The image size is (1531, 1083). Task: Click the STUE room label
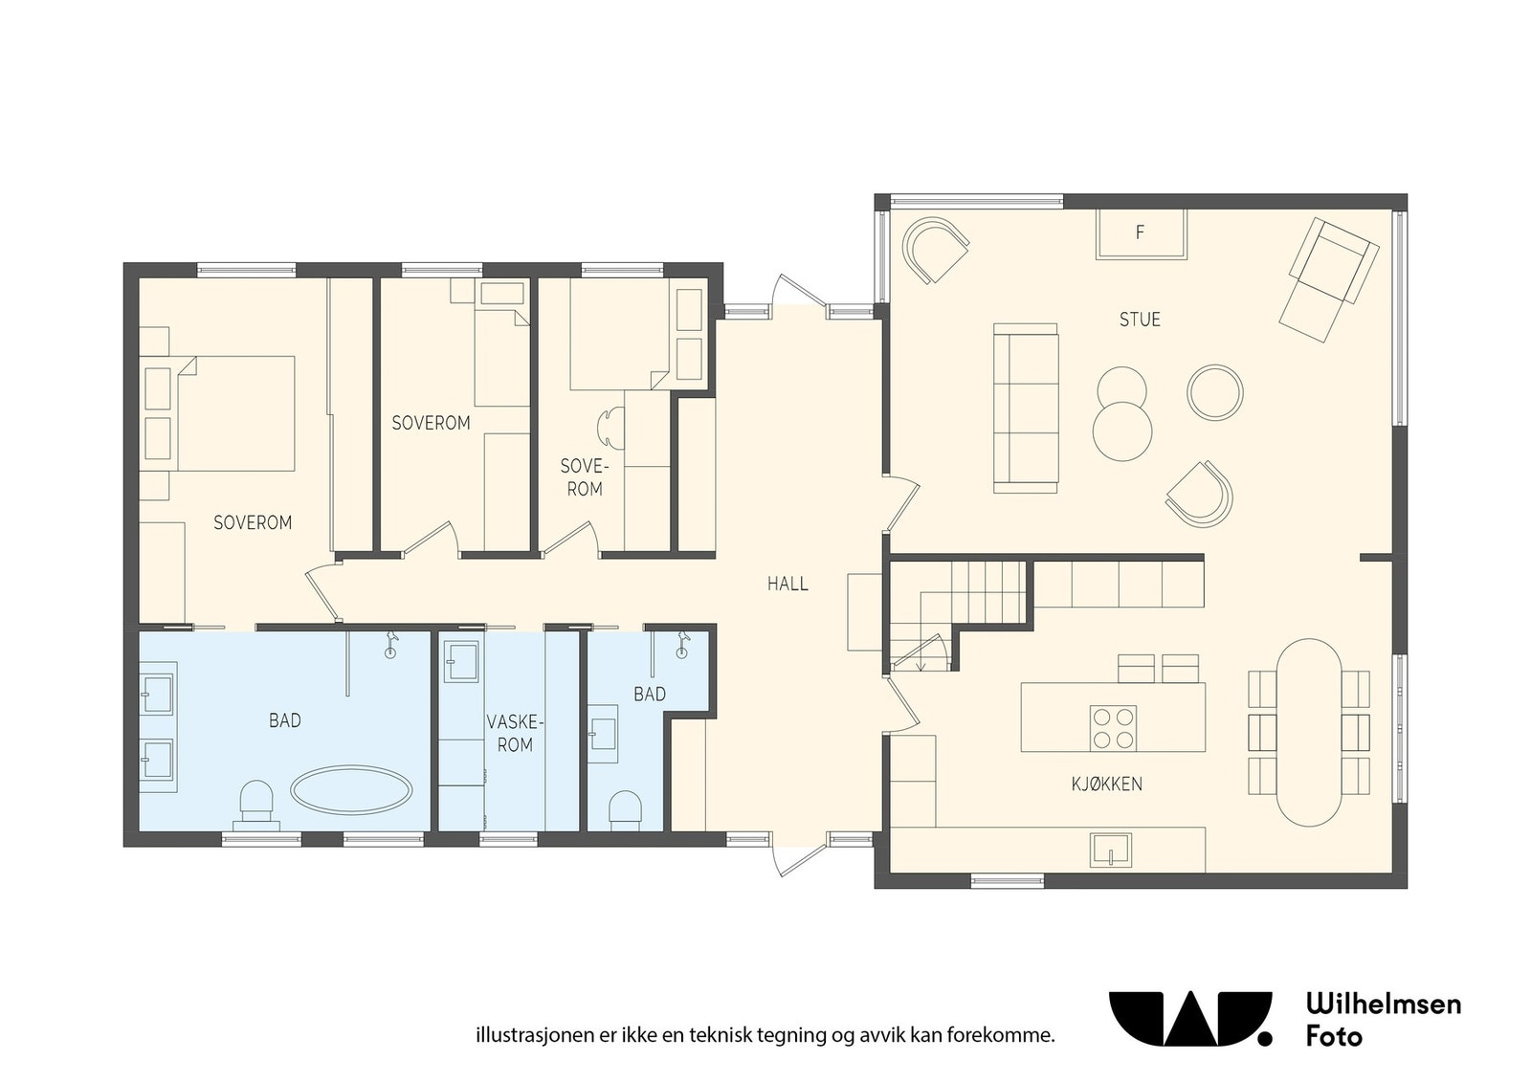pyautogui.click(x=1140, y=320)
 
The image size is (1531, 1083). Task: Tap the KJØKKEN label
pyautogui.click(x=1106, y=784)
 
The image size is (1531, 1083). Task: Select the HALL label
pyautogui.click(x=788, y=584)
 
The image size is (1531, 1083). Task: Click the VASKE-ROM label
pyautogui.click(x=515, y=733)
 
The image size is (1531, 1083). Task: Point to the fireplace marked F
pyautogui.click(x=1141, y=233)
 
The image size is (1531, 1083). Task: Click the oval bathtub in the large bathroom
pyautogui.click(x=351, y=790)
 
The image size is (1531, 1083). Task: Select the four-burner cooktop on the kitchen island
pyautogui.click(x=1114, y=728)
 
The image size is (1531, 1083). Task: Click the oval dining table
pyautogui.click(x=1309, y=733)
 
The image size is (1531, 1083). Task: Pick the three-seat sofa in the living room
pyautogui.click(x=1025, y=408)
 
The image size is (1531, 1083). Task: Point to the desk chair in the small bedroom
pyautogui.click(x=610, y=428)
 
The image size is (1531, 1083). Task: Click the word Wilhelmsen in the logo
pyautogui.click(x=1384, y=1004)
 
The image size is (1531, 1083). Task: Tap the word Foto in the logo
pyautogui.click(x=1334, y=1036)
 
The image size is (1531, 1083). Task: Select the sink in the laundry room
pyautogui.click(x=461, y=661)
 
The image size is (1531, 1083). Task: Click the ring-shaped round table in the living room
pyautogui.click(x=1214, y=392)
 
